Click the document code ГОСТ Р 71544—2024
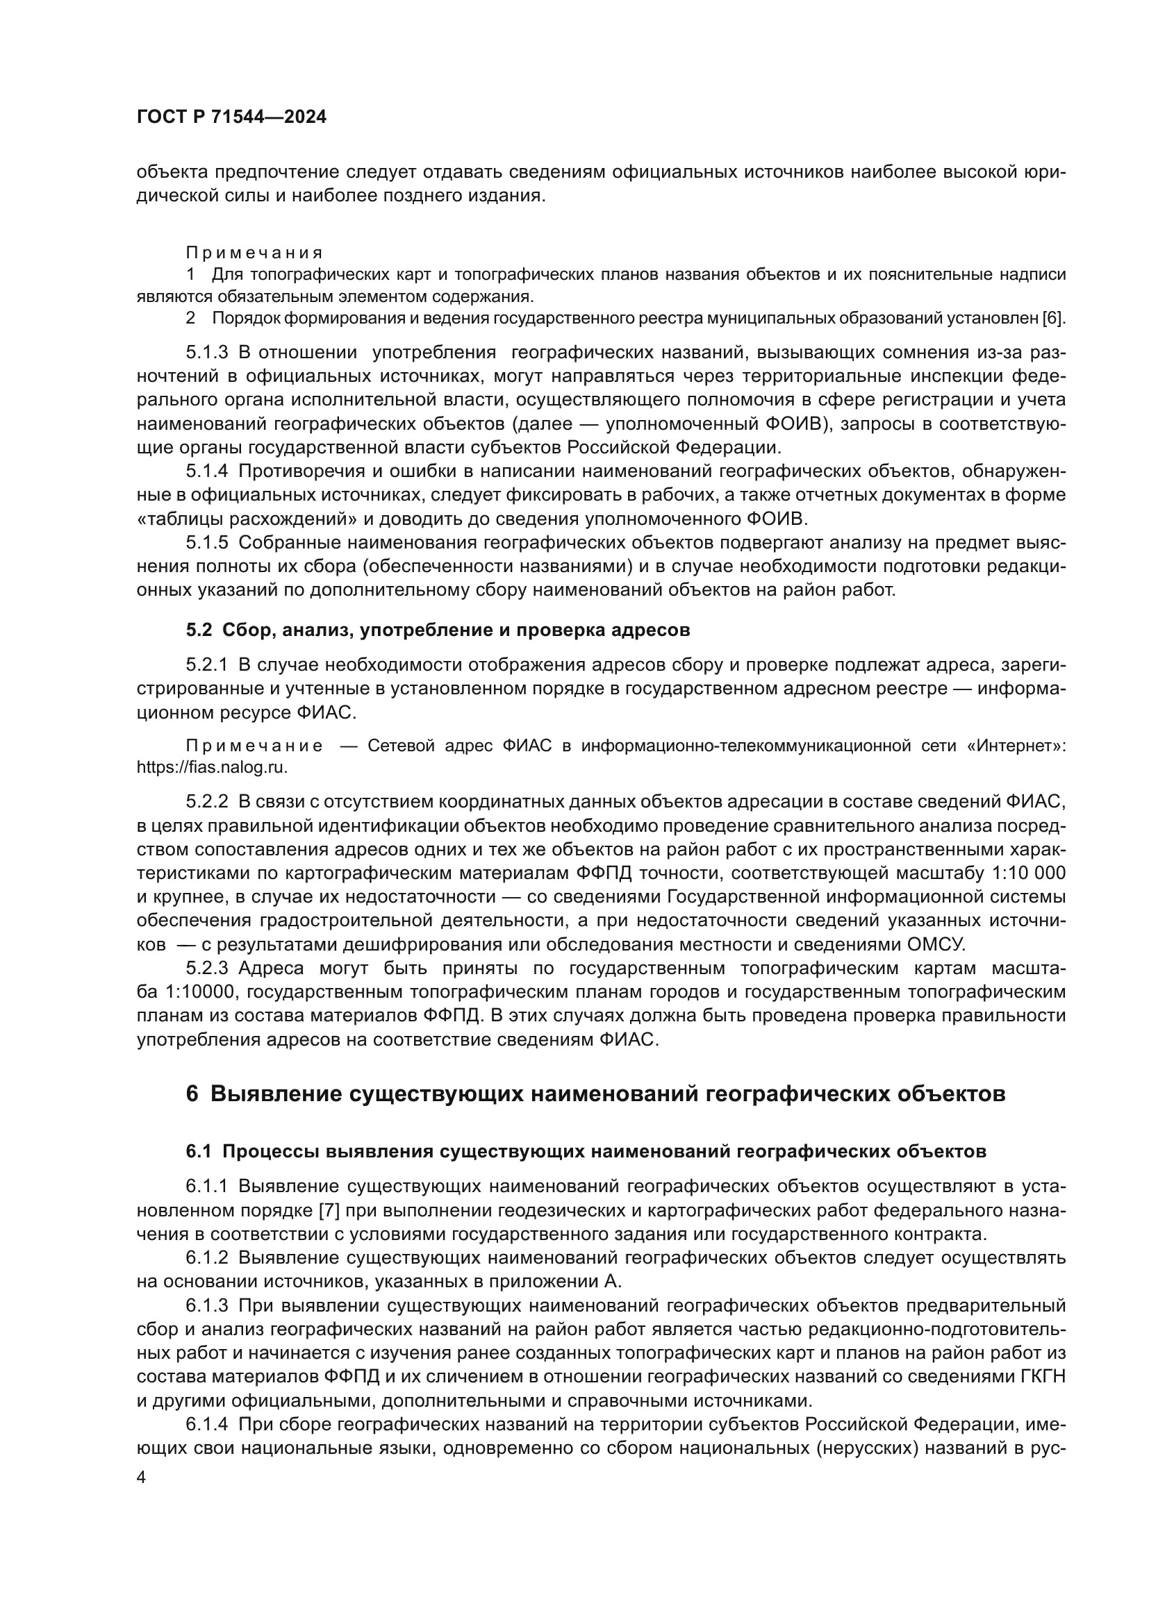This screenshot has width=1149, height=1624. (231, 117)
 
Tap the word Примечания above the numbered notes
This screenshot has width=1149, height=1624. (254, 253)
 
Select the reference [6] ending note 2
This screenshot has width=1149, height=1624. (1054, 318)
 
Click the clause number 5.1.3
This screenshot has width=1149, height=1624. (206, 352)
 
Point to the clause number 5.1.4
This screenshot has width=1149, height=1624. (206, 471)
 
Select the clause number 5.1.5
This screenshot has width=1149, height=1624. (206, 542)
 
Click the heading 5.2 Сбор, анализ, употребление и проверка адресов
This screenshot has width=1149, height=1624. (437, 630)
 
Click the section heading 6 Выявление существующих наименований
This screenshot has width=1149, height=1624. (595, 1094)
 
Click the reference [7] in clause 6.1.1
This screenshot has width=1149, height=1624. (330, 1210)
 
